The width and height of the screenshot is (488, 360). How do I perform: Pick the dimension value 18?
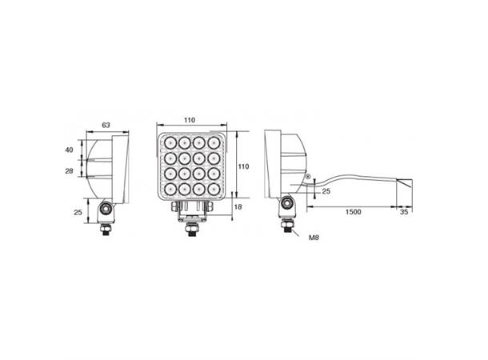click(238, 207)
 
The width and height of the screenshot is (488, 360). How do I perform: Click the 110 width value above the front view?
click(189, 120)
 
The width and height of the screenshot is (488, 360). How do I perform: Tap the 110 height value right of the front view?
click(246, 166)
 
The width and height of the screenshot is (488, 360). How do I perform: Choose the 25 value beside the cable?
click(326, 190)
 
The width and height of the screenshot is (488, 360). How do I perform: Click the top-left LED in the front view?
click(170, 146)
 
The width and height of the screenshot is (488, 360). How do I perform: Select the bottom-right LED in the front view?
click(213, 189)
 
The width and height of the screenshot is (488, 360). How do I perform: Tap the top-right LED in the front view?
click(213, 146)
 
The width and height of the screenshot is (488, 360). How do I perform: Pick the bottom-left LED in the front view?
click(170, 189)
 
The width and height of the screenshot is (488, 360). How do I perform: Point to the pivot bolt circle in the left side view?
click(105, 210)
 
